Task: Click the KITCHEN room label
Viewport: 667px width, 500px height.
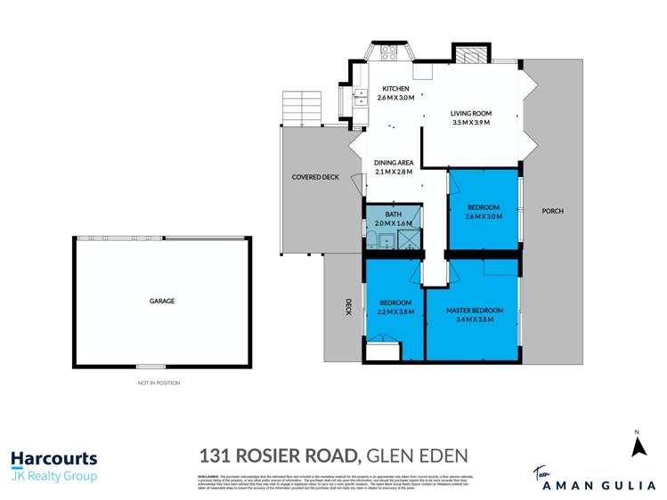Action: [x=395, y=89]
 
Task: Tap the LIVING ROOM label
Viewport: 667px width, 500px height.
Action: [x=471, y=114]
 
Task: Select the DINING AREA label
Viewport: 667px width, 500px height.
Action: [x=393, y=163]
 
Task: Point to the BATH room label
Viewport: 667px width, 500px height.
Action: [x=393, y=214]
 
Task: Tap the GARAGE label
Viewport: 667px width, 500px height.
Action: [x=161, y=301]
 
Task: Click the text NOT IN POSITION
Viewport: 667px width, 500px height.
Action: [x=159, y=383]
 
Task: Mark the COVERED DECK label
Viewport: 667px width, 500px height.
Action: [x=315, y=177]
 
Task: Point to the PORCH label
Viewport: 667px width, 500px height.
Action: [x=552, y=211]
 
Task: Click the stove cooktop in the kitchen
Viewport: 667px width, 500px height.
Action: [x=389, y=52]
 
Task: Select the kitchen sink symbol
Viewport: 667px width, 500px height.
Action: [x=361, y=97]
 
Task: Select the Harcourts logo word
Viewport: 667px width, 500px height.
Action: [x=53, y=459]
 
